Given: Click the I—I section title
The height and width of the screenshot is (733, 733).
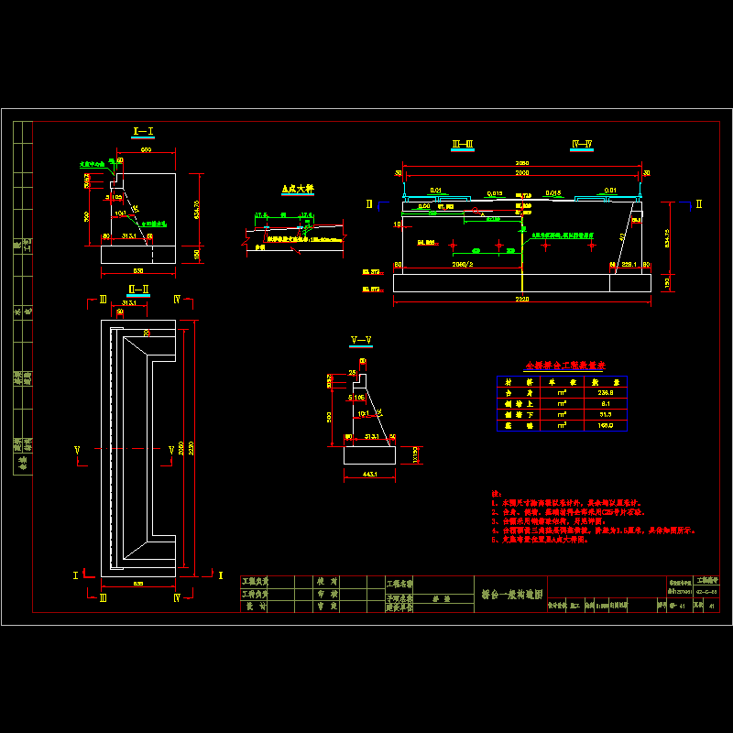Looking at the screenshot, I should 143,132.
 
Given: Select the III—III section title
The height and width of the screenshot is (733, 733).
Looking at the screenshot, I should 463,144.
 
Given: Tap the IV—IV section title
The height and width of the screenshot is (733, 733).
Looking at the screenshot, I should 582,144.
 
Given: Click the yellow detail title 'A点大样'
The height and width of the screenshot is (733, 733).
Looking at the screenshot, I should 297,189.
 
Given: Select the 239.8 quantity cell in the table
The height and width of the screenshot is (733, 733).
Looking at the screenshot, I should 604,391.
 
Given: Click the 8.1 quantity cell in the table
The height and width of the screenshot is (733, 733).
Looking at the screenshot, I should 604,402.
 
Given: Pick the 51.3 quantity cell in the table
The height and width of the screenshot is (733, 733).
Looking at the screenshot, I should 604,413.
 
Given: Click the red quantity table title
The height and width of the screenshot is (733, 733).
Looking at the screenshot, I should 560,364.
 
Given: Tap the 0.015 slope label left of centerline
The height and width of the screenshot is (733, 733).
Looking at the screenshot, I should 495,193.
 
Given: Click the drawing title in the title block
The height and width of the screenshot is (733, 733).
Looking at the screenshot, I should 512,594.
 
